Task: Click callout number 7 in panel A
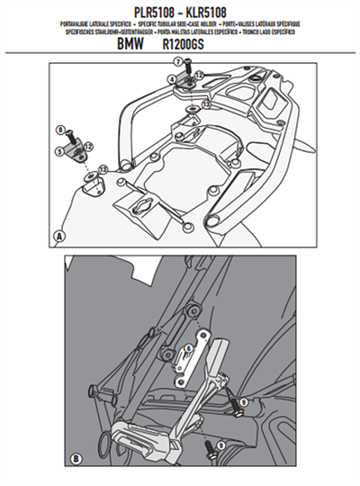point(178,60)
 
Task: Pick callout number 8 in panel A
point(58,131)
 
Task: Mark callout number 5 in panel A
point(58,153)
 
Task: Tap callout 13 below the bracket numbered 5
point(102,170)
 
